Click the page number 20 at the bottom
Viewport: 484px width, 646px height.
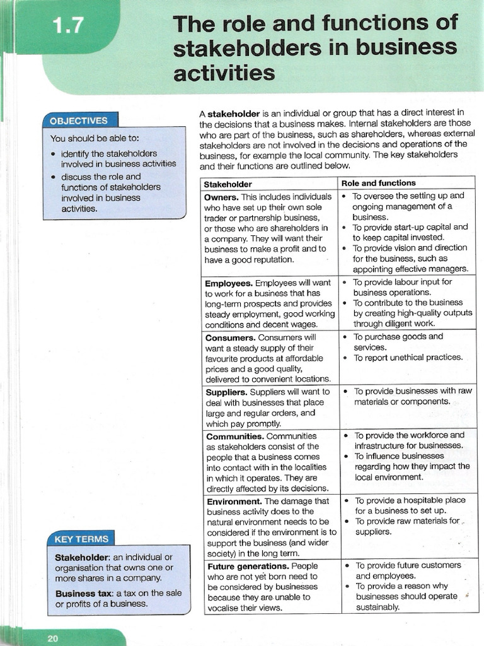[52, 638]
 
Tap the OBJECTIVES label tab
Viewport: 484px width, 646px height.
[78, 120]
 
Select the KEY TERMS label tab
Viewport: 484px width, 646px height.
[81, 539]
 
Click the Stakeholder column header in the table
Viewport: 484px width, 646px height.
[228, 184]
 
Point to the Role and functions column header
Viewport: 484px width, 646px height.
[378, 183]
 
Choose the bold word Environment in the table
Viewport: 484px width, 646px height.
[234, 502]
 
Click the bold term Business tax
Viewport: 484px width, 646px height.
[81, 593]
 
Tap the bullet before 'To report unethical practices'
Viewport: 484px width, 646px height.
[345, 358]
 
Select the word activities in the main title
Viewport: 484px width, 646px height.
[224, 73]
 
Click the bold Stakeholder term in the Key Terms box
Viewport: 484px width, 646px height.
[82, 557]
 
